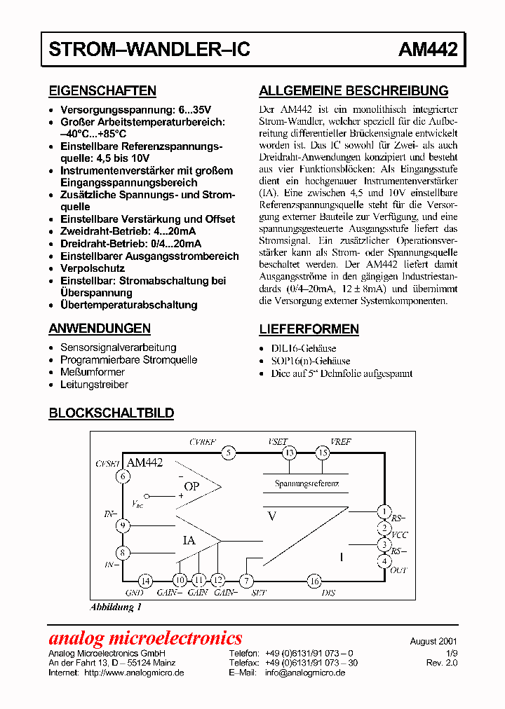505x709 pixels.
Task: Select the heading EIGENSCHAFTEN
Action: [x=102, y=91]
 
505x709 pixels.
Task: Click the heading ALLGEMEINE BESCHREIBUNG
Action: [x=353, y=91]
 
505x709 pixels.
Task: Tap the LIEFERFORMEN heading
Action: [x=309, y=329]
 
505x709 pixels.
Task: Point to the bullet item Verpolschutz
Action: [x=93, y=268]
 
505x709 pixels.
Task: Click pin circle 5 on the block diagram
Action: [x=228, y=453]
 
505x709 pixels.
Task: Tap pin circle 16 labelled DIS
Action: [x=314, y=580]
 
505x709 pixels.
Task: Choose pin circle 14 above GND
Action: [x=144, y=580]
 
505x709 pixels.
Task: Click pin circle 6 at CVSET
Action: [x=123, y=476]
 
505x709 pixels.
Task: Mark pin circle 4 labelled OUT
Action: [x=384, y=560]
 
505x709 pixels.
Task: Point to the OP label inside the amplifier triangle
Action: [x=191, y=486]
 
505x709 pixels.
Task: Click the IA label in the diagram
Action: [x=189, y=540]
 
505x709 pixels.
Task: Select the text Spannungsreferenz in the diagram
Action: [x=307, y=484]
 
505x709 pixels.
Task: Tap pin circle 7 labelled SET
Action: [x=246, y=580]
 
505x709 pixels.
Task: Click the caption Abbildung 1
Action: [x=116, y=607]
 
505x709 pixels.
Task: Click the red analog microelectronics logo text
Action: [x=145, y=638]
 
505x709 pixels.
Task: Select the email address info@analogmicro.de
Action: [x=305, y=673]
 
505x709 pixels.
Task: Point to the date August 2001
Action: [x=433, y=641]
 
